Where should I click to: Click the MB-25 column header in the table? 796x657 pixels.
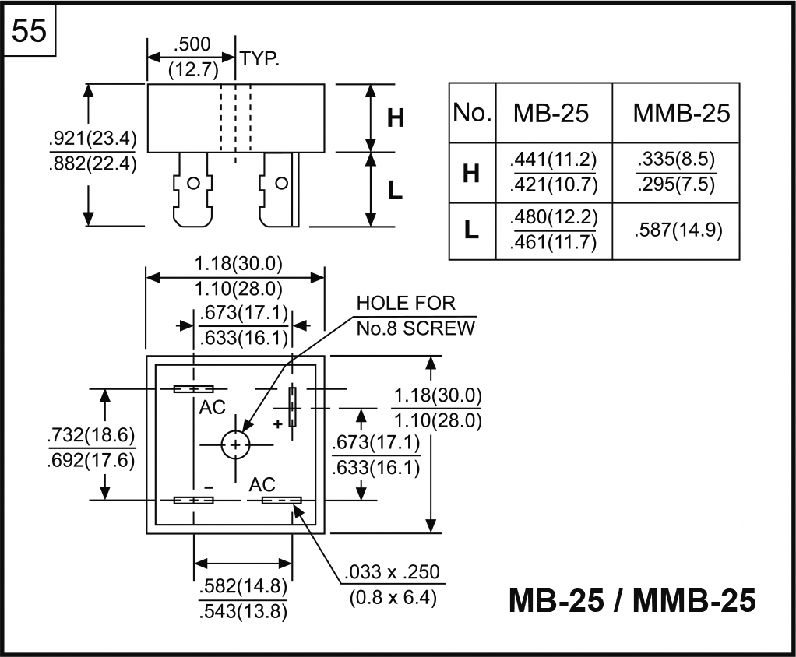551,113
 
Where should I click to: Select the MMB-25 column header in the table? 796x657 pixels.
682,113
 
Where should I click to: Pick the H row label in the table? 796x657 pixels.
471,173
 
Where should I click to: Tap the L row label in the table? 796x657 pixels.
471,230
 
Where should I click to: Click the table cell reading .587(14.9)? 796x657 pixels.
675,230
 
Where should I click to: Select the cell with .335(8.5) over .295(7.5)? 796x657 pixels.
675,173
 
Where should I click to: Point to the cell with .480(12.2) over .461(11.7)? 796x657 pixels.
553,230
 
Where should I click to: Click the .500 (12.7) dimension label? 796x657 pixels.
191,57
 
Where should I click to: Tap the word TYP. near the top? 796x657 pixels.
259,58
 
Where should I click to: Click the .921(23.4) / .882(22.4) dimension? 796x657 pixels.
92,153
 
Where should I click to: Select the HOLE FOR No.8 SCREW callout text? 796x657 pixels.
414,315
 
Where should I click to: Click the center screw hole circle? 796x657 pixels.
234,444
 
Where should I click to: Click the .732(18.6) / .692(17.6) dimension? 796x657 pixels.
92,447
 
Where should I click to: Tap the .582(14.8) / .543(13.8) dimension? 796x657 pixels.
243,599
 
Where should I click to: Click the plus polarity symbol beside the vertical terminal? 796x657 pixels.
276,423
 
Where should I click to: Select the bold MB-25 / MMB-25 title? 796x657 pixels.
632,600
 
